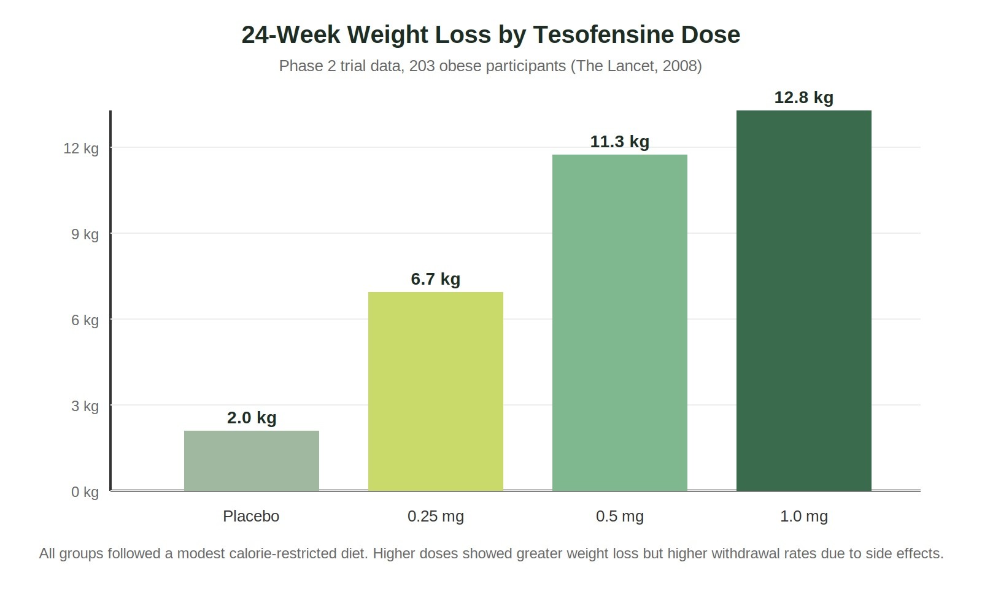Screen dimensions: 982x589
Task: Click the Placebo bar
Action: pyautogui.click(x=252, y=460)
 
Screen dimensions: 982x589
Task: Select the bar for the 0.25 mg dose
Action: pyautogui.click(x=436, y=391)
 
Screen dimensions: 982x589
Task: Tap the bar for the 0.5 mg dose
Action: pyautogui.click(x=620, y=322)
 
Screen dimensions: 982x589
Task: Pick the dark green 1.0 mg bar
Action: pyautogui.click(x=804, y=300)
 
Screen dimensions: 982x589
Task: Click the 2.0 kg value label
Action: pyautogui.click(x=252, y=418)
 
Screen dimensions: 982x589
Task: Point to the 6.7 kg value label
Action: pyautogui.click(x=436, y=279)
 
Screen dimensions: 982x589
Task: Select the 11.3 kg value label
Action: pyautogui.click(x=620, y=142)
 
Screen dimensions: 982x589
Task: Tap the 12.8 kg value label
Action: pyautogui.click(x=804, y=98)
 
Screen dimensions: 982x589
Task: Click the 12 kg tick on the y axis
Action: pyautogui.click(x=81, y=148)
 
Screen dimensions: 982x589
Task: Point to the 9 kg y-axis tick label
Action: pyautogui.click(x=85, y=234)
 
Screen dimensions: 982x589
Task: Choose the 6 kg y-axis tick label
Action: pyautogui.click(x=85, y=320)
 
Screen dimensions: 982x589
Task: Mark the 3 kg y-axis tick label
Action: pyautogui.click(x=85, y=406)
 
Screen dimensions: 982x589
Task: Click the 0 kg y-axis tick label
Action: pyautogui.click(x=85, y=492)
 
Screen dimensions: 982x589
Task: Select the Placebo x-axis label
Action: pyautogui.click(x=251, y=516)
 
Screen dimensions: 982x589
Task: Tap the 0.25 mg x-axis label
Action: pyautogui.click(x=436, y=517)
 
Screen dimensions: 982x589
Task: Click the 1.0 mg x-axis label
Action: pyautogui.click(x=804, y=517)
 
